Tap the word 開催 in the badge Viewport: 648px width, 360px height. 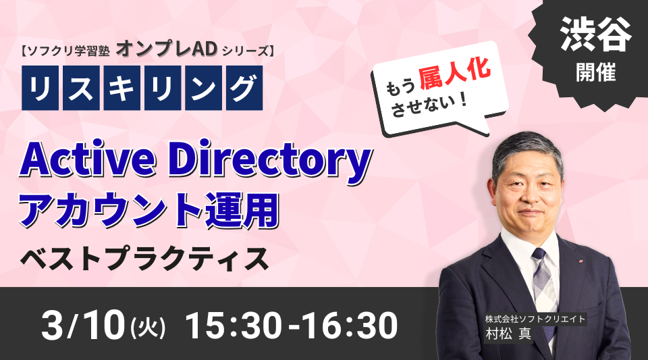click(x=596, y=72)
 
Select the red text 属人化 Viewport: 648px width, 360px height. click(x=455, y=74)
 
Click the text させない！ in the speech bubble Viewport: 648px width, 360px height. click(x=429, y=105)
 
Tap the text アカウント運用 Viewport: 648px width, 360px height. click(x=149, y=211)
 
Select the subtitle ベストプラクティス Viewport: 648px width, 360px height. click(x=144, y=259)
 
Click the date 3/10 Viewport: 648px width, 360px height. click(x=83, y=326)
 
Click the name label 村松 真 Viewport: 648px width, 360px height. click(x=508, y=334)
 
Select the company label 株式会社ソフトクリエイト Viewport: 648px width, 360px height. click(x=535, y=319)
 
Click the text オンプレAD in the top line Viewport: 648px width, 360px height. click(x=167, y=49)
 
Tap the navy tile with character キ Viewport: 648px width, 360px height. click(x=122, y=88)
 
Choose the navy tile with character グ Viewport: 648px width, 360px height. click(x=244, y=88)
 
